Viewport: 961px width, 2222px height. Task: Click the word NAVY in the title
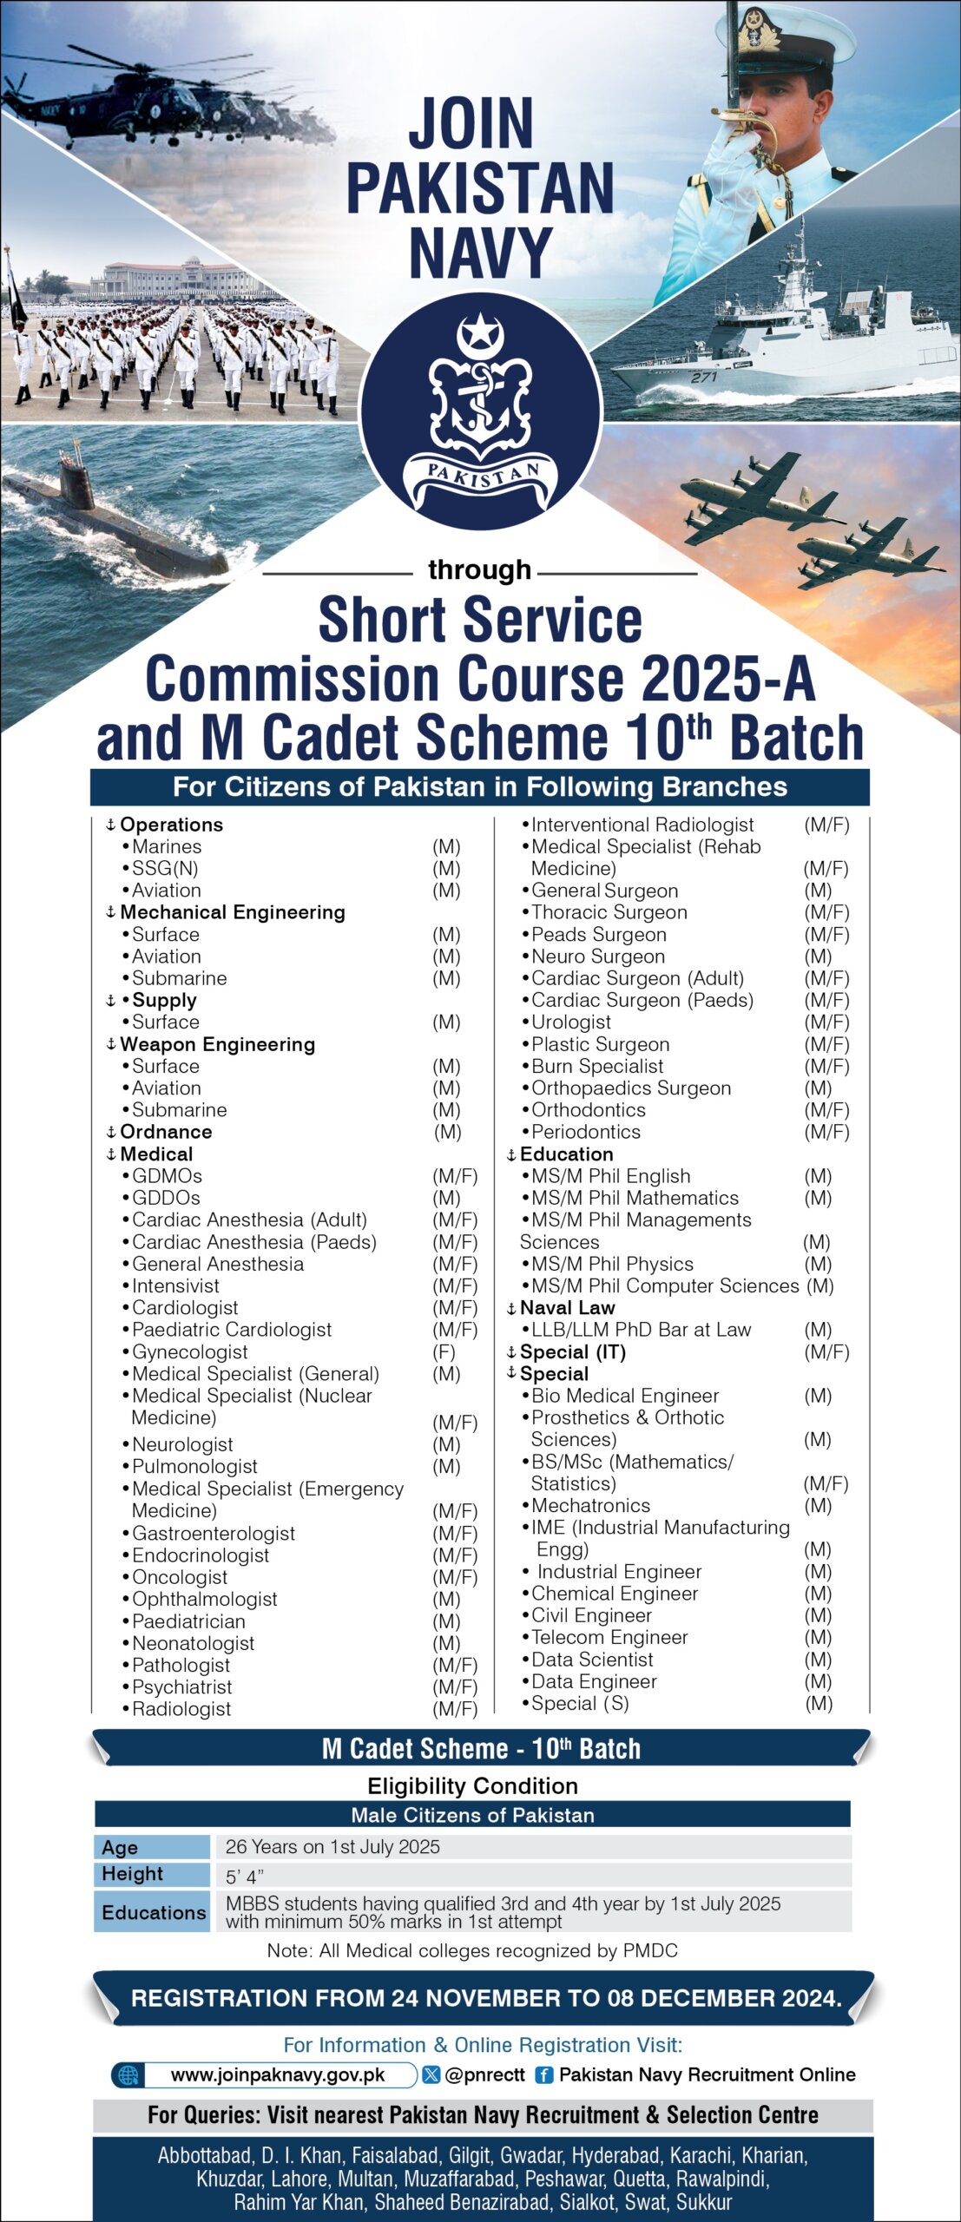[x=480, y=253]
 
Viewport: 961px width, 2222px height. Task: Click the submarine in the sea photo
[x=113, y=517]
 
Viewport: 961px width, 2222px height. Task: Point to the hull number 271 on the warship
[x=703, y=377]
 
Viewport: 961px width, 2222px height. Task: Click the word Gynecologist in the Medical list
[x=190, y=1351]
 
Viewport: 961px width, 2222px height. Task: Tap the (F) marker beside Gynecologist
[x=444, y=1351]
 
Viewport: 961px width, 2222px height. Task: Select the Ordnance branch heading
[x=166, y=1132]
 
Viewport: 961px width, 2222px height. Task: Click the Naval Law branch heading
[x=567, y=1308]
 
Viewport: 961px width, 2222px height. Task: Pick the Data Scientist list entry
[x=592, y=1660]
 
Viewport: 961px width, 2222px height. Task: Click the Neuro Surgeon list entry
[x=598, y=957]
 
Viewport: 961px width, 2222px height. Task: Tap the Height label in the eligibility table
[x=132, y=1874]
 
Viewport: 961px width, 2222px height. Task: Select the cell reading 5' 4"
[x=245, y=1877]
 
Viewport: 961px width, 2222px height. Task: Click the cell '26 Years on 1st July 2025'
[x=332, y=1846]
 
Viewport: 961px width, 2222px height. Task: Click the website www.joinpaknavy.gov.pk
[x=278, y=2074]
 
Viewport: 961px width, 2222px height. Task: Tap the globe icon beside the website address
[x=128, y=2075]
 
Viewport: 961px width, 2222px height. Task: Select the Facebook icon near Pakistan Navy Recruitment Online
[x=543, y=2075]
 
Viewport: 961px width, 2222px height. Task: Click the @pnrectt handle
[x=484, y=2074]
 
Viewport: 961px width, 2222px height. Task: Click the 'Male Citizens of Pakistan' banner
[x=472, y=1815]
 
